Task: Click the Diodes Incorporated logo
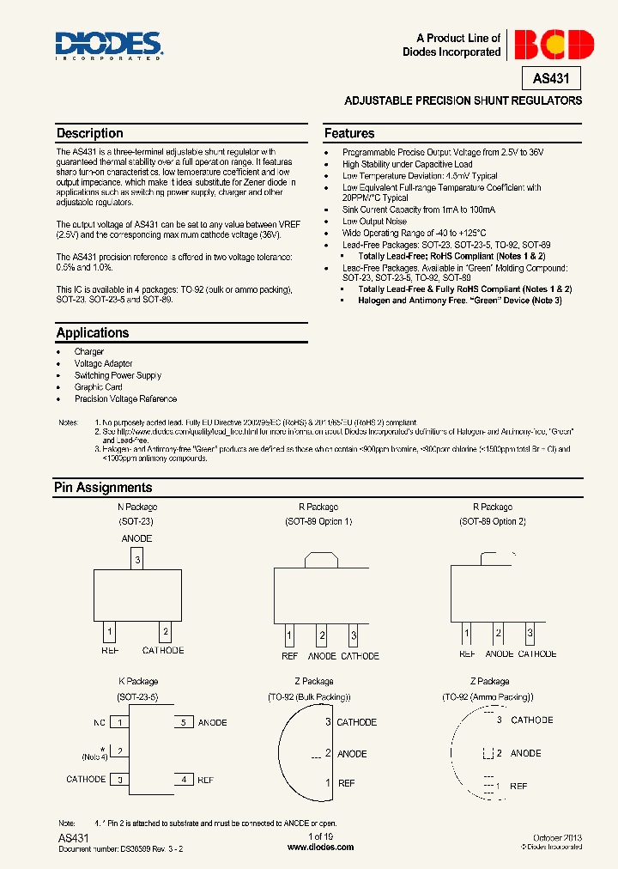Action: (108, 46)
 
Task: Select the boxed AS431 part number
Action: (551, 79)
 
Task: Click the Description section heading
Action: (90, 133)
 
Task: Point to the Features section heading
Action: (349, 133)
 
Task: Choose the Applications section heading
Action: (93, 332)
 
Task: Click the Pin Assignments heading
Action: (103, 487)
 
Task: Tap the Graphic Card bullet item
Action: (98, 387)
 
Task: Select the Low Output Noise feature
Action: (374, 221)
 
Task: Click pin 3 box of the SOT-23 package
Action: (137, 559)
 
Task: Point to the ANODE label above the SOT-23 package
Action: (137, 538)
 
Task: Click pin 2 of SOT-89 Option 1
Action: (322, 636)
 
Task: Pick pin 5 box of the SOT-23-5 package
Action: (183, 722)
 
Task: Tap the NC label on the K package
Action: (100, 722)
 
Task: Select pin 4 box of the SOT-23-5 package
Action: (183, 779)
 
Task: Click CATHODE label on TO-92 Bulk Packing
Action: (356, 722)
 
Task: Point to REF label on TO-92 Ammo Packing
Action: (518, 786)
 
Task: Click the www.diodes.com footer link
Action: (320, 847)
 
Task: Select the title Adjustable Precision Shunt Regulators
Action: (463, 100)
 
